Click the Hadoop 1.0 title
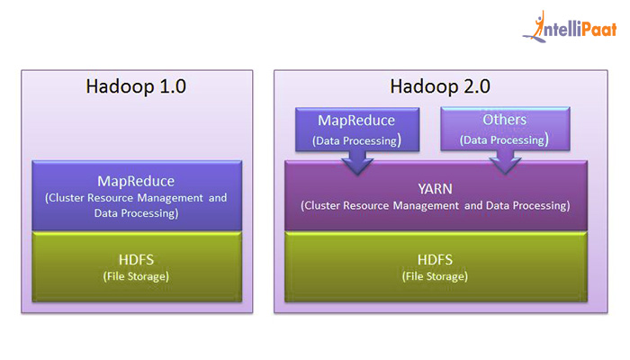point(136,86)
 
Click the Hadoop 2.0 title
point(440,86)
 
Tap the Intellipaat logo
point(570,27)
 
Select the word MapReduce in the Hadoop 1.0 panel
point(136,181)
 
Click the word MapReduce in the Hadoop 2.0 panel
point(356,121)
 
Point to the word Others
point(505,120)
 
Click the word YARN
point(435,189)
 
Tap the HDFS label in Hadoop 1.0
point(136,260)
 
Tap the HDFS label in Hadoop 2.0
point(435,260)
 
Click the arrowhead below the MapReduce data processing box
point(357,166)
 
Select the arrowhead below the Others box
point(505,165)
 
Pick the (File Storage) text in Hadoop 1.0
point(136,276)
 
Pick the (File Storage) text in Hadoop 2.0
point(435,276)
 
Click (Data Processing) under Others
point(504,139)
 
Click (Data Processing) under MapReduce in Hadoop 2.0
point(356,140)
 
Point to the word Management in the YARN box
point(426,206)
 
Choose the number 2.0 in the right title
point(477,86)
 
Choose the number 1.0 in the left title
point(173,86)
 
